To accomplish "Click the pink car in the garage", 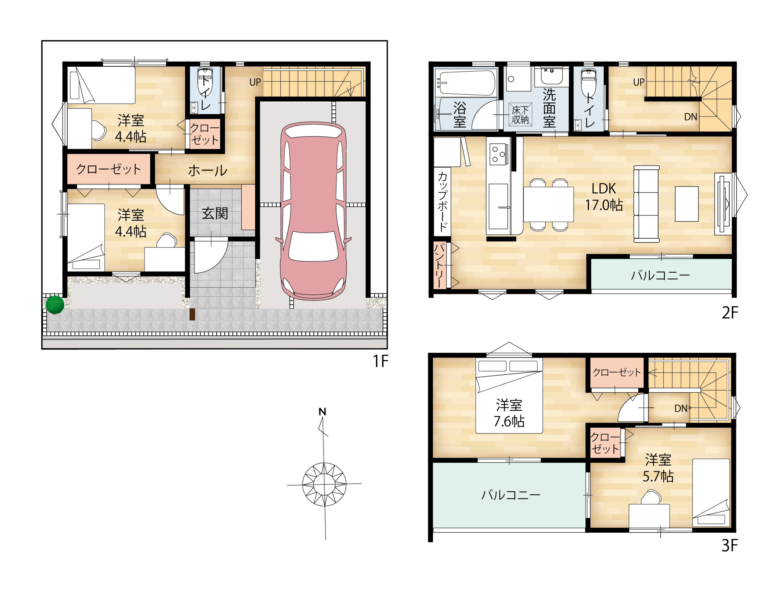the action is click(313, 211).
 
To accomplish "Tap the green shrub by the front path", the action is click(55, 304).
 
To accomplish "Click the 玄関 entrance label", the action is click(215, 213).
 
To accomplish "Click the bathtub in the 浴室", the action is click(465, 83).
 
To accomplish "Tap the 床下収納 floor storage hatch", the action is click(520, 115).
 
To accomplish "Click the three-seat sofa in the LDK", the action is click(646, 204).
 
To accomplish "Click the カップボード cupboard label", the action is click(442, 201).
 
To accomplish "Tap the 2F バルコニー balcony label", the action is click(660, 275).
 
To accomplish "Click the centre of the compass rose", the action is click(324, 485).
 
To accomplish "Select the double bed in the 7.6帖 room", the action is click(509, 396).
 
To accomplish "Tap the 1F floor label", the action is click(380, 361).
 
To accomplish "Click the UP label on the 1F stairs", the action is click(255, 82).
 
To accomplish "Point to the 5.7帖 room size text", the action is click(658, 476).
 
